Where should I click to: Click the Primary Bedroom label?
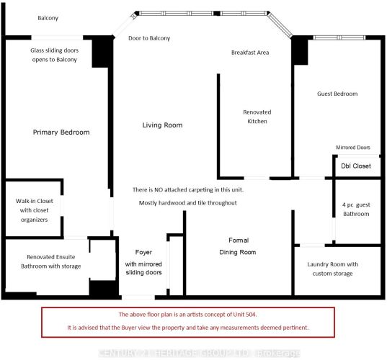[x=61, y=132]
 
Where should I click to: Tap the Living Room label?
[x=162, y=125]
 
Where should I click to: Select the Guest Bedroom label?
[x=337, y=94]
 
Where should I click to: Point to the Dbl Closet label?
[x=356, y=166]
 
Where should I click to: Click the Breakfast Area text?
[x=250, y=53]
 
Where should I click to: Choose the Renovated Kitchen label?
[x=257, y=117]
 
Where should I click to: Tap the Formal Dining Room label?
[x=238, y=246]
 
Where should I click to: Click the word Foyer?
[x=143, y=253]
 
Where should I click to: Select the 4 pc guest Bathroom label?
[x=356, y=210]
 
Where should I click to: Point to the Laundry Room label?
[x=333, y=269]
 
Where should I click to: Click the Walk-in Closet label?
[x=35, y=210]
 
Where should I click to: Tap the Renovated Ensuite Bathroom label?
[x=51, y=261]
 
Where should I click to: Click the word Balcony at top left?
[x=48, y=18]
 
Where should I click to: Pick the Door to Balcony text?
[x=149, y=38]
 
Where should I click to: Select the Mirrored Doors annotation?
[x=353, y=148]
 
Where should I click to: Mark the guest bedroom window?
[x=339, y=37]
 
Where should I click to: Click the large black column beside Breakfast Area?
[x=300, y=50]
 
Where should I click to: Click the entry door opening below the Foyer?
[x=138, y=297]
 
